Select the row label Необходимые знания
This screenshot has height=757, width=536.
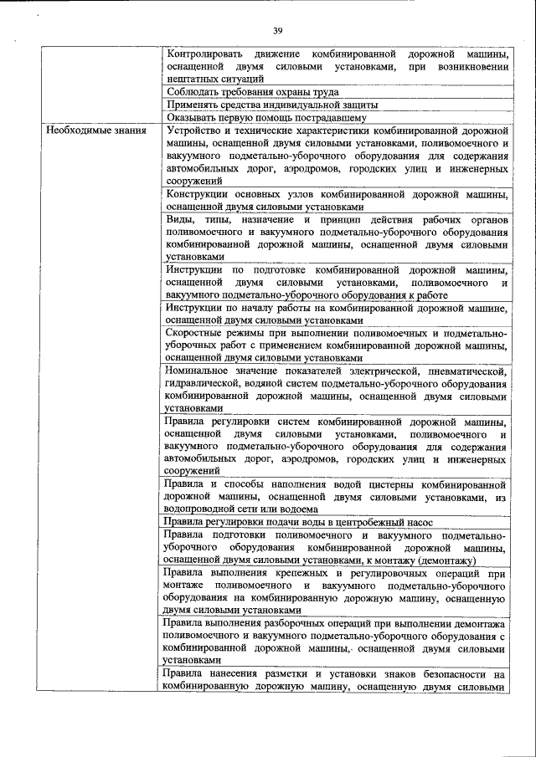[96, 130]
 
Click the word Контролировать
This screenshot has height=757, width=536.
[206, 53]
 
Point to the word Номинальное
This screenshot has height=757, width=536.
[201, 371]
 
